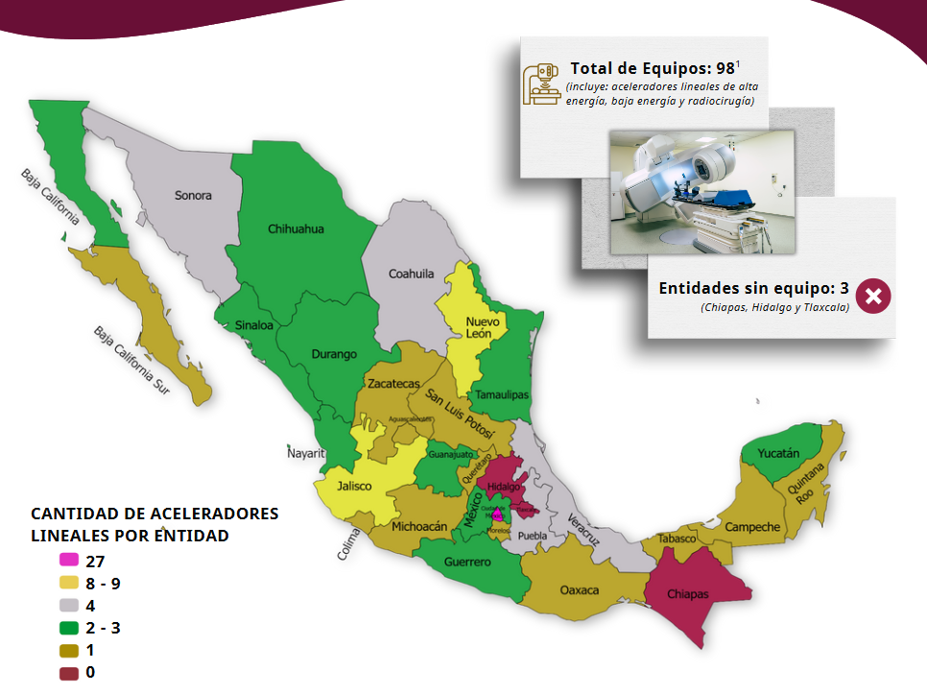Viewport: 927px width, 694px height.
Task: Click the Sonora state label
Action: pyautogui.click(x=193, y=196)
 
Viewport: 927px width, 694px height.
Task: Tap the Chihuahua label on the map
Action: pyautogui.click(x=296, y=229)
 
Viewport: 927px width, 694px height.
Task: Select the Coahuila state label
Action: pyautogui.click(x=411, y=274)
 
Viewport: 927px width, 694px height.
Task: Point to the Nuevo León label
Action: pyautogui.click(x=479, y=327)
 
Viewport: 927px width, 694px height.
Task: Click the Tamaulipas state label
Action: pyautogui.click(x=500, y=395)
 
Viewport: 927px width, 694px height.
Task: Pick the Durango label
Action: pyautogui.click(x=334, y=354)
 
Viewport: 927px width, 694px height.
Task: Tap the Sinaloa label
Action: pyautogui.click(x=254, y=325)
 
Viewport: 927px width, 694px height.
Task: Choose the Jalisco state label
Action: pyautogui.click(x=354, y=486)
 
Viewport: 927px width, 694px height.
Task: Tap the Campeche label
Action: pyautogui.click(x=752, y=527)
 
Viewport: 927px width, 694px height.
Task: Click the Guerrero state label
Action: pyautogui.click(x=467, y=562)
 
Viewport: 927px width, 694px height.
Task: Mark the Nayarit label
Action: pyautogui.click(x=307, y=453)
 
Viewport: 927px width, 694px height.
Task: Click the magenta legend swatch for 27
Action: pyautogui.click(x=68, y=560)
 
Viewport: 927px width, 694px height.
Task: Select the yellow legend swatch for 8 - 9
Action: pyautogui.click(x=68, y=583)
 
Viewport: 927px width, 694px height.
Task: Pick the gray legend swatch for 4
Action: pyautogui.click(x=68, y=605)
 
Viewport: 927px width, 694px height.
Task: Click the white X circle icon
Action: pyautogui.click(x=873, y=296)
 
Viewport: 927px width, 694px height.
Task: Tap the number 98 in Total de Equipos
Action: pyautogui.click(x=725, y=69)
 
